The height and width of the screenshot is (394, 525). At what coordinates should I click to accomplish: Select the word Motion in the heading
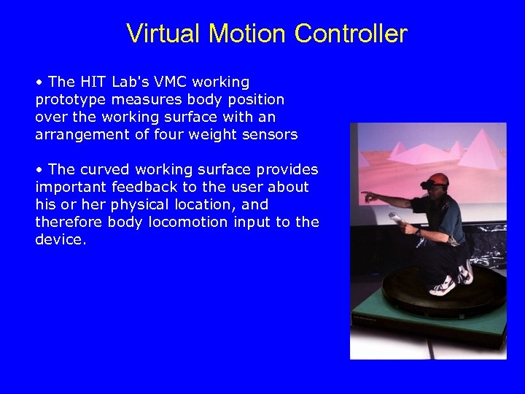click(x=247, y=34)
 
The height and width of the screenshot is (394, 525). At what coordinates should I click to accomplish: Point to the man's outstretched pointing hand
click(x=367, y=196)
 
